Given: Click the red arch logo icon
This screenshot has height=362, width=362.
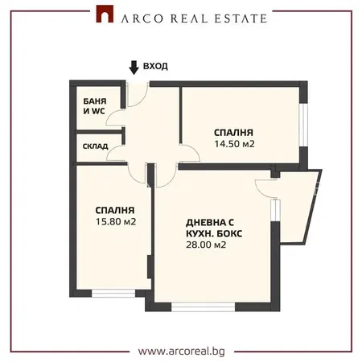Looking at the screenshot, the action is point(105,14).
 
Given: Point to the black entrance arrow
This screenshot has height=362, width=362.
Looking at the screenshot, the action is point(134,67).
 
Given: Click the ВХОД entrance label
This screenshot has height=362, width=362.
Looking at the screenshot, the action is point(155,66).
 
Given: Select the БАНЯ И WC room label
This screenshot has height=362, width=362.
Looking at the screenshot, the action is point(95,106).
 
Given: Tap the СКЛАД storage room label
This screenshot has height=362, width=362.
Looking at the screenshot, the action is point(96,146).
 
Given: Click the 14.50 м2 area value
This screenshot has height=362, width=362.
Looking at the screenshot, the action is point(234,144).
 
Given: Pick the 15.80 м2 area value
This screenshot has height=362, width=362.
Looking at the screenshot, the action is point(116,222).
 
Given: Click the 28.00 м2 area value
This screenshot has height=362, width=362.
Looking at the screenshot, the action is point(206,245).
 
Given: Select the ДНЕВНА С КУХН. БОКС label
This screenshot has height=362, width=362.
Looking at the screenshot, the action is point(214,228).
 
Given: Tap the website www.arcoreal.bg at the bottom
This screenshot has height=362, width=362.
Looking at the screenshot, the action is point(182,351).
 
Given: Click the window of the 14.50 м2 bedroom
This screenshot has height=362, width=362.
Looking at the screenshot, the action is point(303,125).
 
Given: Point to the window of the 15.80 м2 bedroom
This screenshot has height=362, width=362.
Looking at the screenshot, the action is point(113,293).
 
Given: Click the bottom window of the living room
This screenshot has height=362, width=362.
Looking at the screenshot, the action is point(203,307).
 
